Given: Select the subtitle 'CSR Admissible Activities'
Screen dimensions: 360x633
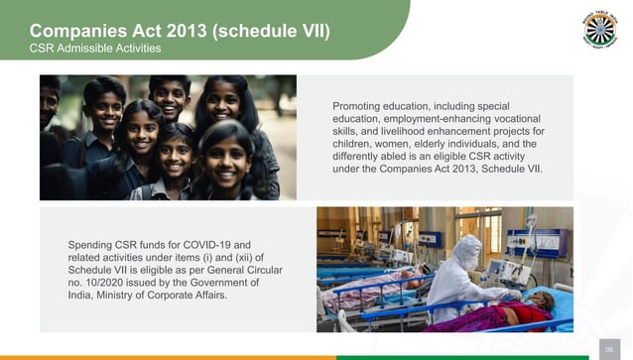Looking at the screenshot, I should point(95,49).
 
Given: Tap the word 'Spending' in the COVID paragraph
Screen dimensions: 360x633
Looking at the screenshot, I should point(92,244).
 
